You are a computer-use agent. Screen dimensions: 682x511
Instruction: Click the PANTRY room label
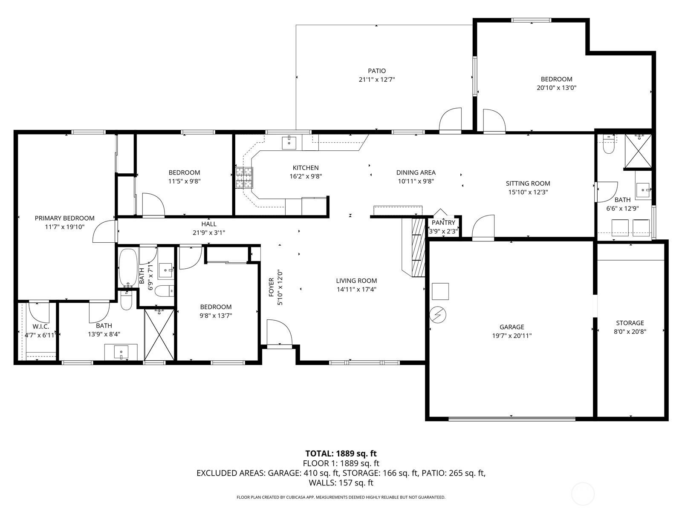tap(443, 222)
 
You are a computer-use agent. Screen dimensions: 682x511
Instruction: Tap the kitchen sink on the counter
tap(289, 142)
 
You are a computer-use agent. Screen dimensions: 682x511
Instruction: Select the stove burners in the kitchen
tap(244, 178)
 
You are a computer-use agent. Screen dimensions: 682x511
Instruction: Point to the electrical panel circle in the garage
tap(438, 315)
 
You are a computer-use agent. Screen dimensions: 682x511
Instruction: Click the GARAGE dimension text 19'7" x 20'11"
tap(512, 336)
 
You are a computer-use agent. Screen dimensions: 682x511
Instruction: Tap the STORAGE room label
tap(630, 323)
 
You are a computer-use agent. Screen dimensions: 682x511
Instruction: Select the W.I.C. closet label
tap(41, 326)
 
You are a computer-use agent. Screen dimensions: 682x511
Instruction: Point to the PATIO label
tap(377, 71)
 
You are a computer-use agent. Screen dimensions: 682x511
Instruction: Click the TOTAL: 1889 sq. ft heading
tap(341, 454)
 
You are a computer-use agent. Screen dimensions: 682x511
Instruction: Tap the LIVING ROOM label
tap(356, 281)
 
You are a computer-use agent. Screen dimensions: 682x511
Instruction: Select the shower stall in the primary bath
tap(159, 334)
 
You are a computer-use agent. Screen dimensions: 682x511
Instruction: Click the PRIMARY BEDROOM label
tap(65, 218)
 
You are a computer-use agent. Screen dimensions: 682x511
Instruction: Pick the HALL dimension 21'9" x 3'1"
tap(209, 233)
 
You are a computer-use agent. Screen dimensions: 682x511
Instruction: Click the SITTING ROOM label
tap(528, 184)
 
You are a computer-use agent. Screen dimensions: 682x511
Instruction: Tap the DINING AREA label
tap(416, 172)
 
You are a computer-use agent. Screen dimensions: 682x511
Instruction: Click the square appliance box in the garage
tap(440, 291)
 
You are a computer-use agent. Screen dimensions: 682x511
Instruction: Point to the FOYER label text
tap(271, 287)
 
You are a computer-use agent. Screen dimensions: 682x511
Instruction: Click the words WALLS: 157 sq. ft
tap(341, 483)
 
